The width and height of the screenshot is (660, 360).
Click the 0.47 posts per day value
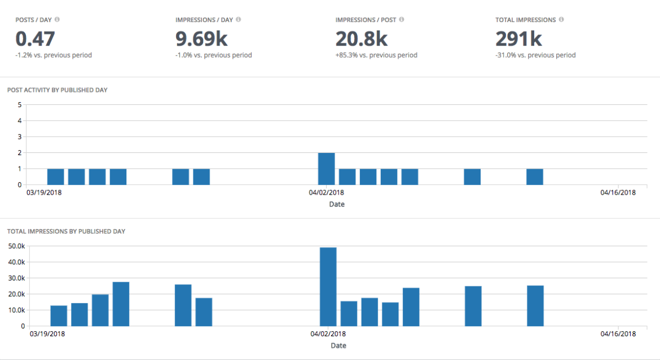(35, 39)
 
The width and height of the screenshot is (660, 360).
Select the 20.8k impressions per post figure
(361, 39)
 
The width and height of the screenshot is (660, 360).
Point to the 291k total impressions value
(518, 39)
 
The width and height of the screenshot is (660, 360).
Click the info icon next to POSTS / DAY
(57, 20)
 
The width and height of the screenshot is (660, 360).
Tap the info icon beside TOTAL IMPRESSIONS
(561, 20)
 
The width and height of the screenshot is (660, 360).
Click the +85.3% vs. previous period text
(376, 55)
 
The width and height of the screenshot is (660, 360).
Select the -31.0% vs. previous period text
(535, 55)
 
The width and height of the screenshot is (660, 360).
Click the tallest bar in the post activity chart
(327, 169)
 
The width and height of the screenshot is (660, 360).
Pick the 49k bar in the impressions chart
(328, 287)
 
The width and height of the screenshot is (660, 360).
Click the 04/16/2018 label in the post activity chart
(618, 193)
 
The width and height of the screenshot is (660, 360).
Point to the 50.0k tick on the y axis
(15, 246)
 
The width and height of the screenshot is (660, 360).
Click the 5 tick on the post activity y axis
(20, 105)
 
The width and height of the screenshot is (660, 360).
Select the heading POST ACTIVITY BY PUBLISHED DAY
(57, 90)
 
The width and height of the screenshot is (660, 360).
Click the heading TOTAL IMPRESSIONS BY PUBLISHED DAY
(65, 231)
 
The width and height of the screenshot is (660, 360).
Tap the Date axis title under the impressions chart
(338, 345)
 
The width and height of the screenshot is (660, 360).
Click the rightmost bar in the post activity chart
(535, 177)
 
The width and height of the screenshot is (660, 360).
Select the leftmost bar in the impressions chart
(59, 316)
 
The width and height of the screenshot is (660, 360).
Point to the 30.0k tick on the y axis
(15, 278)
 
